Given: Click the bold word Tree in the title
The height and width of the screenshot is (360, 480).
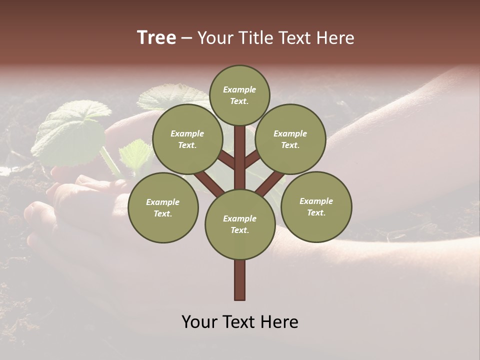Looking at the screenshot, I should coord(156,38).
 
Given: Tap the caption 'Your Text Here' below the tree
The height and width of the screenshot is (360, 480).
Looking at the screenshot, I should coord(240,322).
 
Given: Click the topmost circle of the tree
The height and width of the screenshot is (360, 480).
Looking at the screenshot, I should coord(239,95).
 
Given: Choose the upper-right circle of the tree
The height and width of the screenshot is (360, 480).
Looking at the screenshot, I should coord(290,139).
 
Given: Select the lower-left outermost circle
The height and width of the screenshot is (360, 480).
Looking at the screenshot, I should coord(163,207).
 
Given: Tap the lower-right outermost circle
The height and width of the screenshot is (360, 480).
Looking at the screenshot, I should coord(316,206).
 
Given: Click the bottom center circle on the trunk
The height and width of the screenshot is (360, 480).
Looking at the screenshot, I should coord(240,224).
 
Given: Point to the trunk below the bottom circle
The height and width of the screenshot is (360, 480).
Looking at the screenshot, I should coord(240,280).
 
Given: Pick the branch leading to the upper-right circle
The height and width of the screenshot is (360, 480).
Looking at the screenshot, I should coord(252,159).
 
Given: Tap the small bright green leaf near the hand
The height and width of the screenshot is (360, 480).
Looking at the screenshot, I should coord(136,155).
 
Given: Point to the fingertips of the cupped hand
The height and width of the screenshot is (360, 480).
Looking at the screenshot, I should coord(37,212).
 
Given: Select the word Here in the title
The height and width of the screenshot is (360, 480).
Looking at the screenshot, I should coord(335,38).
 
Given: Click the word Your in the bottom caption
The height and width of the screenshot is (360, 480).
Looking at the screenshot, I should coord(199,322).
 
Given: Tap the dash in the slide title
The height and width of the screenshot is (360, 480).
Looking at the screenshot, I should coord(186,38).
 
